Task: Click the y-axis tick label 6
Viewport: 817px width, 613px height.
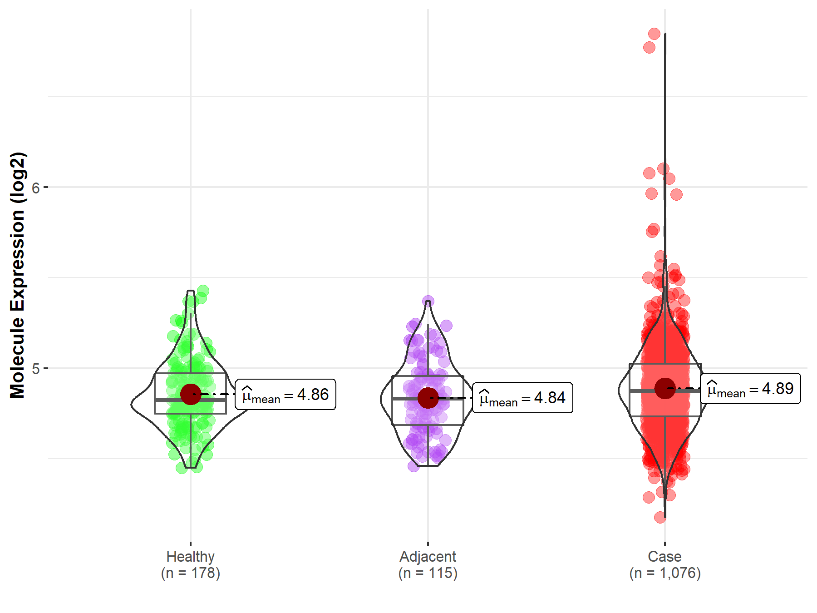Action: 36,188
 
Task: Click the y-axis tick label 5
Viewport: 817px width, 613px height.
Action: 36,369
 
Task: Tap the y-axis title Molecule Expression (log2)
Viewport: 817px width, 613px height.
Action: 17,275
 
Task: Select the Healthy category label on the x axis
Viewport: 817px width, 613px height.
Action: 190,556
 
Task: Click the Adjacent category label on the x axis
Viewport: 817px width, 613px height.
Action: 428,556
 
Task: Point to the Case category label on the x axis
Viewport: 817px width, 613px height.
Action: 664,556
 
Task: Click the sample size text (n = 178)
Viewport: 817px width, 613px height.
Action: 190,573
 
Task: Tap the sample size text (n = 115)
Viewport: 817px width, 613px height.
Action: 428,573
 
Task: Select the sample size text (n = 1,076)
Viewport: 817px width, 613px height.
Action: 664,573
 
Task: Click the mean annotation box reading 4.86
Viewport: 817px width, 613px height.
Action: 285,395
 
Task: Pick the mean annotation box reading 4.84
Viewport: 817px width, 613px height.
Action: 522,398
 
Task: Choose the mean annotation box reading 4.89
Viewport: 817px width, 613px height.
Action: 750,389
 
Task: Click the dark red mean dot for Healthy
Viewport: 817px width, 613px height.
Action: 191,394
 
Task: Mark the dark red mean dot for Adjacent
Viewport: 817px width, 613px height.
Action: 428,398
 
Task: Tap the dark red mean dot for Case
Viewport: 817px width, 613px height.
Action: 665,388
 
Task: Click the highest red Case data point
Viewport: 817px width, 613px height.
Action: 654,34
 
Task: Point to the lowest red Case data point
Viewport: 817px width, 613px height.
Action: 660,517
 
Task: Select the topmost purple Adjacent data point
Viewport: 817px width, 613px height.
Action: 428,301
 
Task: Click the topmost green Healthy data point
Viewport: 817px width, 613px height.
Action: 203,291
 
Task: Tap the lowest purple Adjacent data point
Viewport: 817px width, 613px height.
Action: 413,466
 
